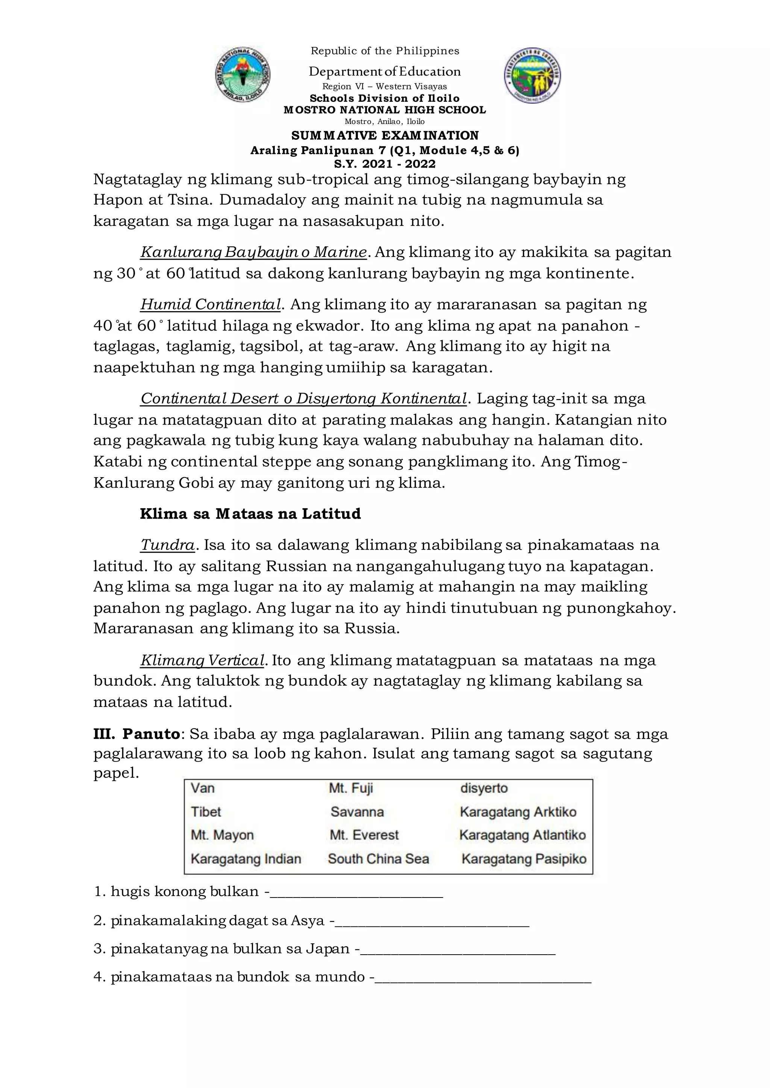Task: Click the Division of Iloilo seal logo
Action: point(532,76)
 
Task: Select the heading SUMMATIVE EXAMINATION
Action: point(385,136)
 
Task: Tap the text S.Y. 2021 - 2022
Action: point(385,164)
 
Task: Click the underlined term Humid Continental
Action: point(211,305)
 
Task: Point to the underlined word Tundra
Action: point(167,546)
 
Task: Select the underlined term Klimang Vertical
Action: point(202,660)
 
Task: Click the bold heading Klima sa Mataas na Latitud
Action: point(250,514)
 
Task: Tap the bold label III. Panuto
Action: point(136,734)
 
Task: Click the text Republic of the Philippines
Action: point(385,51)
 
